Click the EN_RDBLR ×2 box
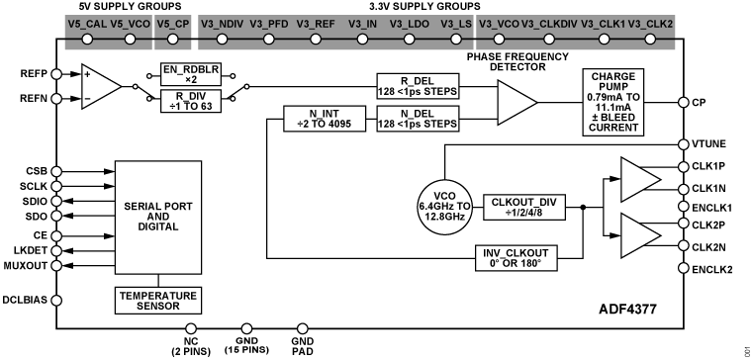[x=192, y=74]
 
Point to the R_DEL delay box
[x=419, y=84]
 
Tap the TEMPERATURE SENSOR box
[x=158, y=300]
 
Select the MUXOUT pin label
[x=25, y=265]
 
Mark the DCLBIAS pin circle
[x=56, y=300]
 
